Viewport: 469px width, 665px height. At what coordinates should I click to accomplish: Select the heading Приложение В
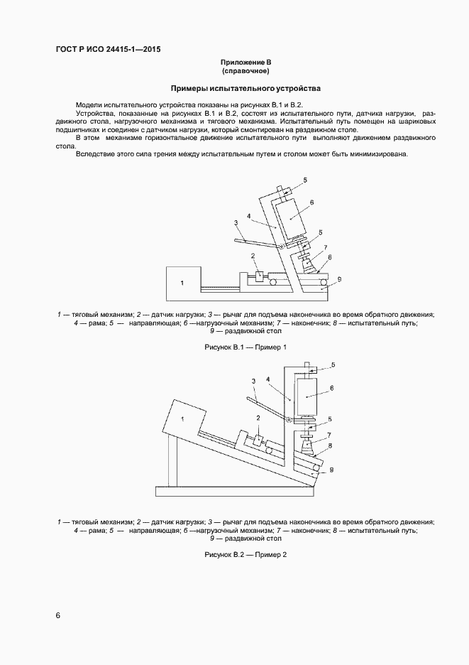245,63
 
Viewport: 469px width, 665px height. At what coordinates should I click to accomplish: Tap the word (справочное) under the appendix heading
245,72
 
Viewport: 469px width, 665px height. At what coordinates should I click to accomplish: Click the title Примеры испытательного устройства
245,90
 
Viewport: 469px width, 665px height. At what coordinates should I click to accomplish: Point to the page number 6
58,615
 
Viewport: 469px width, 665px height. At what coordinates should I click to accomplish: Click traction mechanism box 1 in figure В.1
182,283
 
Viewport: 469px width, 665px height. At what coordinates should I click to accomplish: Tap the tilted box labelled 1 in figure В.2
184,420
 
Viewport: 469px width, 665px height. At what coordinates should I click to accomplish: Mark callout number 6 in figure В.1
311,202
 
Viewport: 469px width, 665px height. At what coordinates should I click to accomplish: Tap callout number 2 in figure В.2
258,418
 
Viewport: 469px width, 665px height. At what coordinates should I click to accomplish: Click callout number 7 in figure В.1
325,247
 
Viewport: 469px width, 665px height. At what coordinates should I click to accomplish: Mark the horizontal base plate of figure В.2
234,491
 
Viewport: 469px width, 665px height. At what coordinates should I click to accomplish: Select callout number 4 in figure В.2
267,379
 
